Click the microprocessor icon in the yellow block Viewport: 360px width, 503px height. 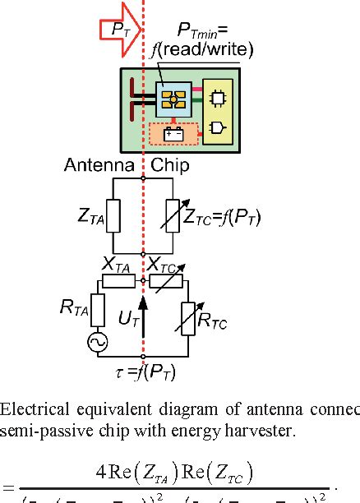pos(217,96)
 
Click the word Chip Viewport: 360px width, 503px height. pos(170,166)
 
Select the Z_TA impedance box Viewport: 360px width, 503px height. pos(112,216)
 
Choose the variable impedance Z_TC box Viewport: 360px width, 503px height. pos(174,216)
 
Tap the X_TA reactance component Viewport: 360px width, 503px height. pos(118,281)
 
